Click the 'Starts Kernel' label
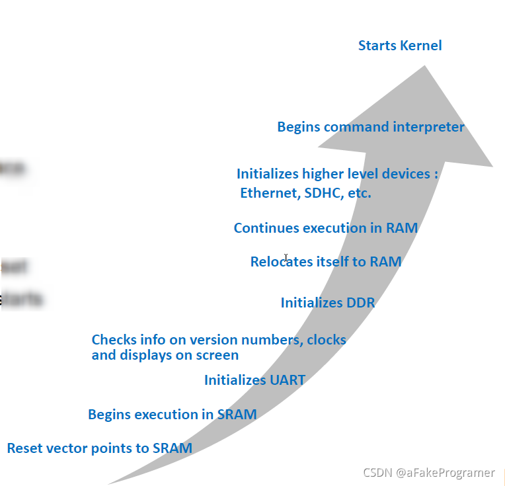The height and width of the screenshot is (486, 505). [400, 46]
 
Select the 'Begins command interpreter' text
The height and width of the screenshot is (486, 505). [370, 127]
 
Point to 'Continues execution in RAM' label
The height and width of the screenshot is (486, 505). [325, 228]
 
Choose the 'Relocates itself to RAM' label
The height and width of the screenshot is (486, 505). [325, 262]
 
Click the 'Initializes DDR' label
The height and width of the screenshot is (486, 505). [327, 303]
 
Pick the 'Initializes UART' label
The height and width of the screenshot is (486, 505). [254, 380]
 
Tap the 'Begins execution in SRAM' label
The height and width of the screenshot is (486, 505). [172, 415]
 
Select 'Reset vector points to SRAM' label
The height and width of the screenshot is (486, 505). [99, 448]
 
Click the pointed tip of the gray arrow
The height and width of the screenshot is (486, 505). [424, 66]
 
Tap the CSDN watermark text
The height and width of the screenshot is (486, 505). [428, 472]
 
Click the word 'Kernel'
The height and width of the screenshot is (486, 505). [420, 46]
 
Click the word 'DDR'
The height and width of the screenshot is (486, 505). [360, 303]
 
